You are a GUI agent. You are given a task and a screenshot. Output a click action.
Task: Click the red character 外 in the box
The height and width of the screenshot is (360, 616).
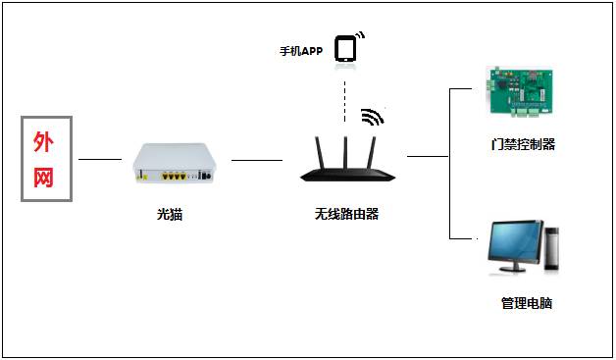[45, 143]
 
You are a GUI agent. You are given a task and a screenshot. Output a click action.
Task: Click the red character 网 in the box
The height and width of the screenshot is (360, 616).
[45, 178]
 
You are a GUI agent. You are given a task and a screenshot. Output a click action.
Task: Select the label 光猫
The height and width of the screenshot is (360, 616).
[169, 215]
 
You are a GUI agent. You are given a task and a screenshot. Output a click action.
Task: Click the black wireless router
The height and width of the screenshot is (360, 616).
[347, 175]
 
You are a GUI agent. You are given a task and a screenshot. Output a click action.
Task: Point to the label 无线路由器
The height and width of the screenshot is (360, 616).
[346, 215]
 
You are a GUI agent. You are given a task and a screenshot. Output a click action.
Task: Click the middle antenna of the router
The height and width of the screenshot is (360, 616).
[346, 147]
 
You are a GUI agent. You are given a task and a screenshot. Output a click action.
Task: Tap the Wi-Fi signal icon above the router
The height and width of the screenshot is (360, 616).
[372, 118]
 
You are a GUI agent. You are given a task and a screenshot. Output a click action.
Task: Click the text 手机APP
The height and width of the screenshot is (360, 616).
[301, 50]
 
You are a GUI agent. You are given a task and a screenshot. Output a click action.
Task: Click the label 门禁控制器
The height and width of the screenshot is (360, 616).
[524, 145]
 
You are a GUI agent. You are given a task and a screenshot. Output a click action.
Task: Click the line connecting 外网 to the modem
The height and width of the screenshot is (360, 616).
[100, 159]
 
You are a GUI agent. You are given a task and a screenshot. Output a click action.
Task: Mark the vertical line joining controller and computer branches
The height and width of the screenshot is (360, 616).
[449, 162]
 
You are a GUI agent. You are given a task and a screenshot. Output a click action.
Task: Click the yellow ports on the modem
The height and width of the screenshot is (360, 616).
[174, 177]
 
